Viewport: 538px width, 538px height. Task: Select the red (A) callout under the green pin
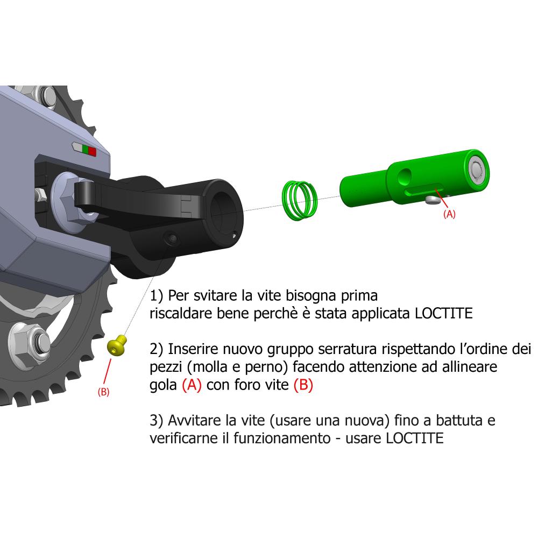(x=449, y=214)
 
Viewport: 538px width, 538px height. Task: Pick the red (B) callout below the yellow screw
(x=103, y=392)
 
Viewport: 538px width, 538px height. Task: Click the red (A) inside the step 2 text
(x=192, y=386)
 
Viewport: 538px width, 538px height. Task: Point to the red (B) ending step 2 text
(x=303, y=386)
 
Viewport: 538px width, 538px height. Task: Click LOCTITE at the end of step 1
(x=444, y=314)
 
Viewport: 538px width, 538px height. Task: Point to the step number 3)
(x=157, y=420)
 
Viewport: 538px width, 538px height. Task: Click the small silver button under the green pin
(x=430, y=200)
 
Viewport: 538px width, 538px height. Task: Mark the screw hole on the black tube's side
(x=172, y=238)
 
